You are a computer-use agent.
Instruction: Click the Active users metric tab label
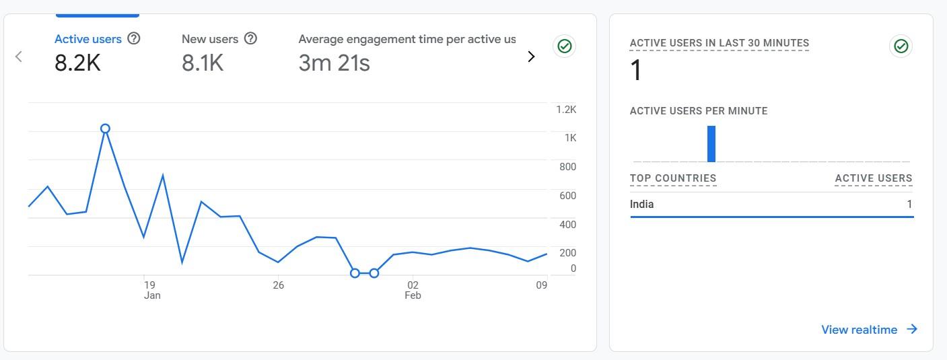click(87, 39)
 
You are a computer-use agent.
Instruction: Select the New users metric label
click(209, 39)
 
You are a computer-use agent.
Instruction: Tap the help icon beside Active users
click(134, 38)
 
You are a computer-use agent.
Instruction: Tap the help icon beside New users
click(250, 38)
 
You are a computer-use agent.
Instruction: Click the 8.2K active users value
click(77, 63)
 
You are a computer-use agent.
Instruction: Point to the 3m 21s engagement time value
click(334, 63)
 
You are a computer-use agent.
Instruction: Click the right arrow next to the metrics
click(531, 57)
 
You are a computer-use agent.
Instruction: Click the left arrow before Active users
click(19, 57)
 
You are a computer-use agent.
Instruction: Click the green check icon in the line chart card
click(565, 46)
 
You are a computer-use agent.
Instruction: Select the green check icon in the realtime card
click(901, 46)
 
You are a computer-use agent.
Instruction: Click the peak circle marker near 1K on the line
click(105, 129)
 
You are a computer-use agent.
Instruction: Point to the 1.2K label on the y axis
click(566, 110)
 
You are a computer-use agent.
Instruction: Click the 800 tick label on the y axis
click(568, 167)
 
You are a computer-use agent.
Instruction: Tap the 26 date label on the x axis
click(278, 285)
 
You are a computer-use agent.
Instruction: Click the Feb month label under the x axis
click(413, 295)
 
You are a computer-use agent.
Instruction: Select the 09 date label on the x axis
click(541, 285)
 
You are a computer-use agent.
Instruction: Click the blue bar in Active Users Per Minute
click(711, 144)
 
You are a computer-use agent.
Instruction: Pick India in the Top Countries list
click(641, 205)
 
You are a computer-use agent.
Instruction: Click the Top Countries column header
click(673, 178)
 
